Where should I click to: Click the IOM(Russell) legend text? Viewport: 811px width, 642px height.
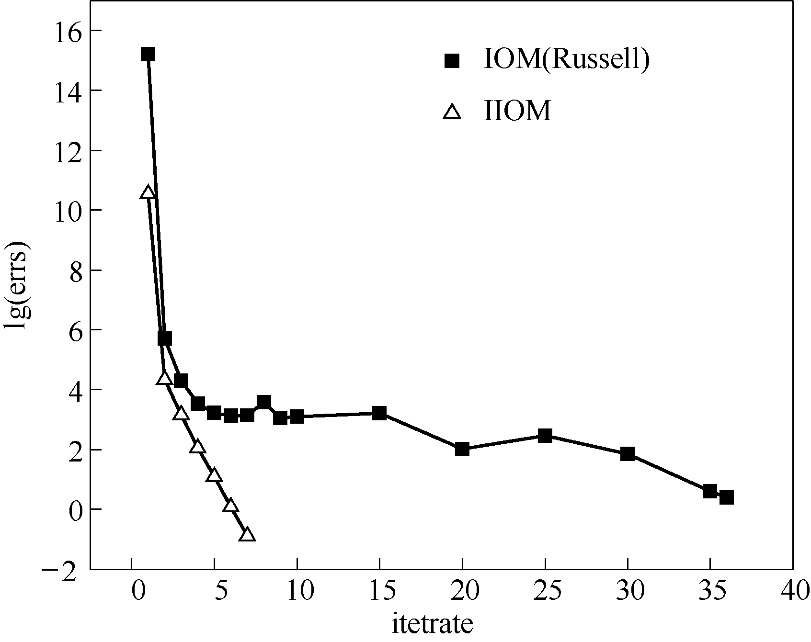567,61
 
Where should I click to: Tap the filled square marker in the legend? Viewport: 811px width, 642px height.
452,61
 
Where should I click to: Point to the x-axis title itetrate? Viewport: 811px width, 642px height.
432,624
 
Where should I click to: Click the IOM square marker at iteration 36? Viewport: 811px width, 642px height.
726,497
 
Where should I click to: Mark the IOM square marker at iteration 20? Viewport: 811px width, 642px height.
462,449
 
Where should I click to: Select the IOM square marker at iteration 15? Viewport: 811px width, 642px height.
379,413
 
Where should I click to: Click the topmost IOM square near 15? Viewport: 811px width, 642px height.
148,54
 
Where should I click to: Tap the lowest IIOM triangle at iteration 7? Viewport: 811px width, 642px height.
247,534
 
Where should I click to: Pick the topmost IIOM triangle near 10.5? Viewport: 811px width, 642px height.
148,192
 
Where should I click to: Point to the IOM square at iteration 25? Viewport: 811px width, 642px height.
545,436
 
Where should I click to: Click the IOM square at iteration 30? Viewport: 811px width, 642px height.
628,454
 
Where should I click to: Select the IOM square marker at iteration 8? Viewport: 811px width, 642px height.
264,402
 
